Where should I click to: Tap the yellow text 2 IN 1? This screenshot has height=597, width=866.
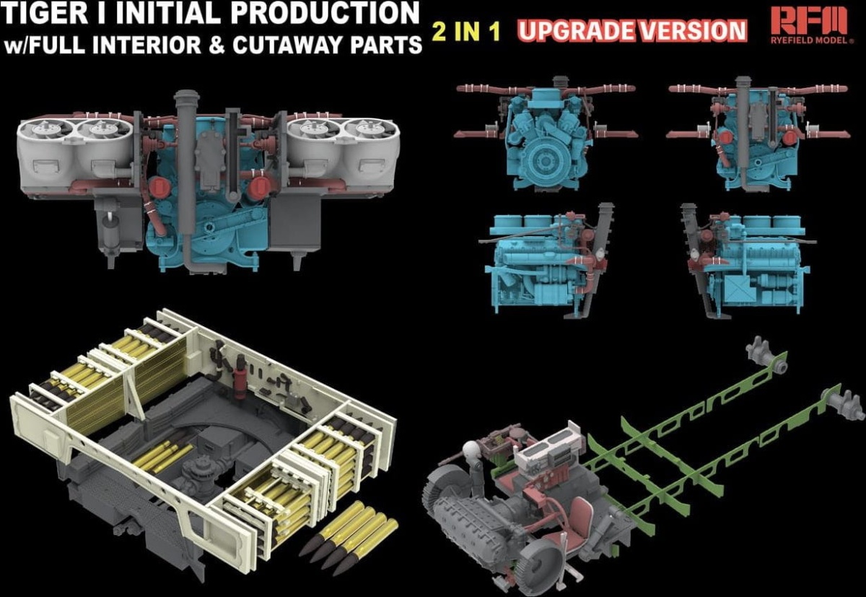coord(467,31)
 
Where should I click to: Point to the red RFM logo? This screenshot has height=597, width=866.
coord(809,21)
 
